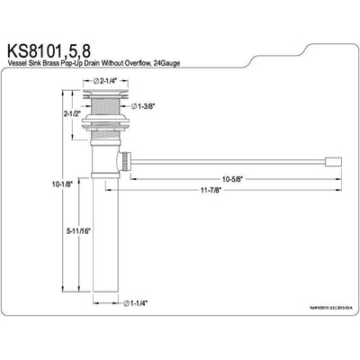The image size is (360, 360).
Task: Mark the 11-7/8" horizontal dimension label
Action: tap(214, 191)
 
